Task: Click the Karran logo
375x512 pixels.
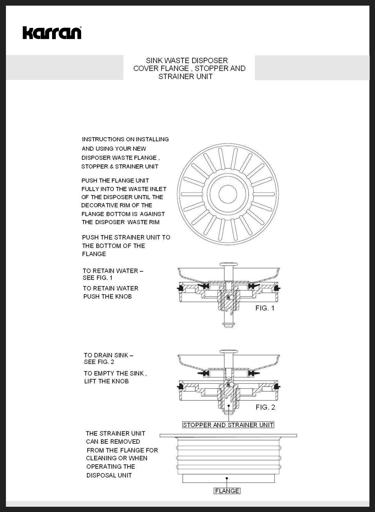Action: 52,33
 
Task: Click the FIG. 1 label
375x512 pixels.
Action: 265,308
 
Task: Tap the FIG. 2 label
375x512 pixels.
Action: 265,407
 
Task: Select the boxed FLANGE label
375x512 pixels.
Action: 227,491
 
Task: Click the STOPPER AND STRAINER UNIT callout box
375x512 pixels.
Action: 228,425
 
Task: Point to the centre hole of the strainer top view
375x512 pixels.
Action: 228,194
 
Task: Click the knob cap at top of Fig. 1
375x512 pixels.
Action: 228,264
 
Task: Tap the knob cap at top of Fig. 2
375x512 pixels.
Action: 228,351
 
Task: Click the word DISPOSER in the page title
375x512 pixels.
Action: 212,61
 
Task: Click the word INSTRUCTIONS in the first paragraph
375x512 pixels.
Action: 103,140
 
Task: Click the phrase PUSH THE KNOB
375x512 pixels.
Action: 107,297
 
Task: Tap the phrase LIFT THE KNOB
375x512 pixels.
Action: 106,381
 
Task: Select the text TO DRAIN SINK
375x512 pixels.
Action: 106,355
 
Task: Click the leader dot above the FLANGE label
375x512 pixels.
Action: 227,478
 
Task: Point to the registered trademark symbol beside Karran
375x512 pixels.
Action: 81,27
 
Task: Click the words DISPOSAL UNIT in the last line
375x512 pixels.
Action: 109,475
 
